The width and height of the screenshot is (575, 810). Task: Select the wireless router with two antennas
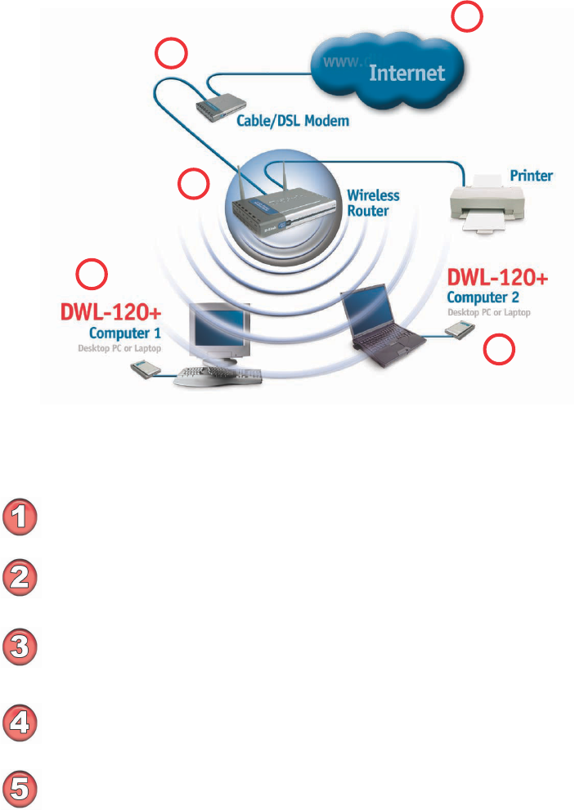tap(270, 211)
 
